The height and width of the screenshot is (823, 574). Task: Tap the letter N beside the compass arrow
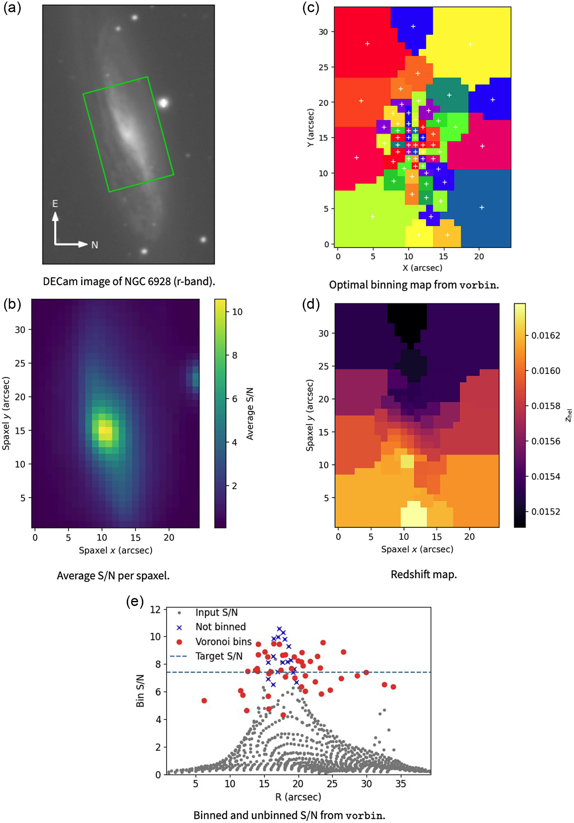(x=95, y=245)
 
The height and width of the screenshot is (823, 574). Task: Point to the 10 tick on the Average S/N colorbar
(x=237, y=312)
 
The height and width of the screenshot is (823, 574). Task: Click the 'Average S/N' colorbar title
(x=250, y=413)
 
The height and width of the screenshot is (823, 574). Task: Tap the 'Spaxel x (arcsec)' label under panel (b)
(x=116, y=550)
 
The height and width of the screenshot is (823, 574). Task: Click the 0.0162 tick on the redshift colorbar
(x=545, y=336)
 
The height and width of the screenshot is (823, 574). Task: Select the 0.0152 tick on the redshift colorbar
(x=545, y=511)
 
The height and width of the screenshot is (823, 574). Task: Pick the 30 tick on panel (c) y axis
(x=323, y=32)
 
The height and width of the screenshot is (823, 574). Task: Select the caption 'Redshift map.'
(x=424, y=575)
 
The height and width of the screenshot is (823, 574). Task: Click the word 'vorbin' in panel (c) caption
(x=478, y=285)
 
